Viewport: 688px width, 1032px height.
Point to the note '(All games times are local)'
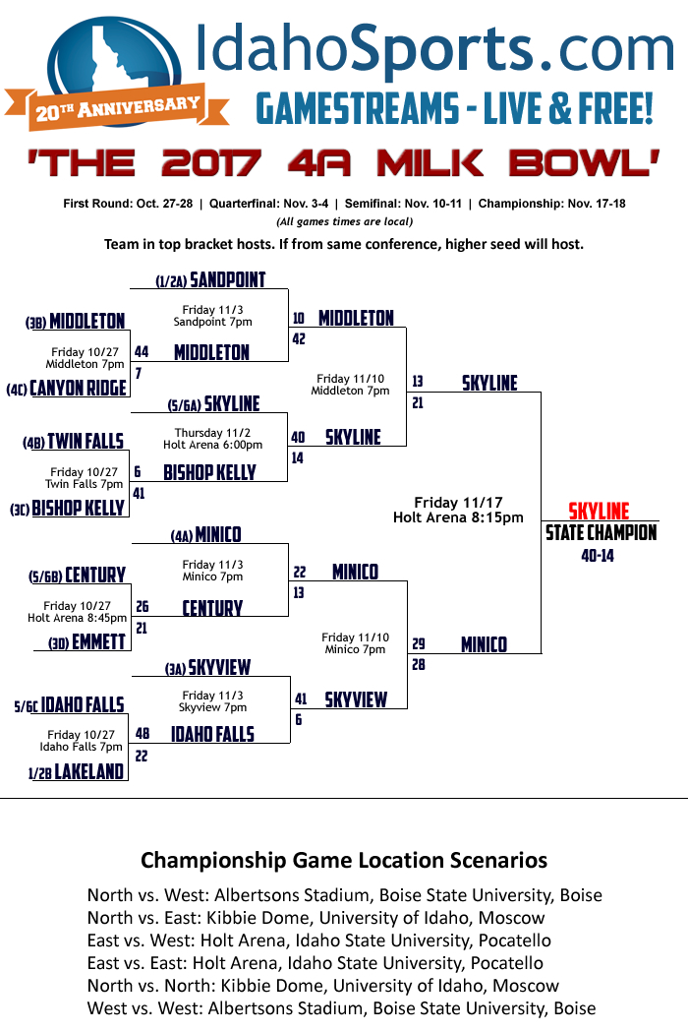[x=344, y=222]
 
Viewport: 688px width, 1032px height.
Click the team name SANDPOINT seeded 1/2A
[x=228, y=280]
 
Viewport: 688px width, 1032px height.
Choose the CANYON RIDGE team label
[x=79, y=389]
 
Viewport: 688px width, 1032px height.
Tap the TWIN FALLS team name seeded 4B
[x=86, y=442]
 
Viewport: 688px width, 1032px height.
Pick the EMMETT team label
[x=98, y=642]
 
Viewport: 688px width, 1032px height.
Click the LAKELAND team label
[x=89, y=772]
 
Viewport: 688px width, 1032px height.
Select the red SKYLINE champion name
[x=600, y=512]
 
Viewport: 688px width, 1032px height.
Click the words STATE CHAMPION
[x=602, y=533]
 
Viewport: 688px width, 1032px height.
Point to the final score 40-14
[x=599, y=556]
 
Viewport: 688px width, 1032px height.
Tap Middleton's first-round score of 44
[x=142, y=352]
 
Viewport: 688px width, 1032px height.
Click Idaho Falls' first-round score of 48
[x=143, y=734]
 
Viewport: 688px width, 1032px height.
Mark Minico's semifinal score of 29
[x=418, y=644]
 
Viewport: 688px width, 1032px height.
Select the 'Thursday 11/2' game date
[x=212, y=433]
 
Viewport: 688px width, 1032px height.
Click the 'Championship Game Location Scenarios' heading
[x=344, y=860]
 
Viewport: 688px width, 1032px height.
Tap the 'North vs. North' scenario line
[x=323, y=986]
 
